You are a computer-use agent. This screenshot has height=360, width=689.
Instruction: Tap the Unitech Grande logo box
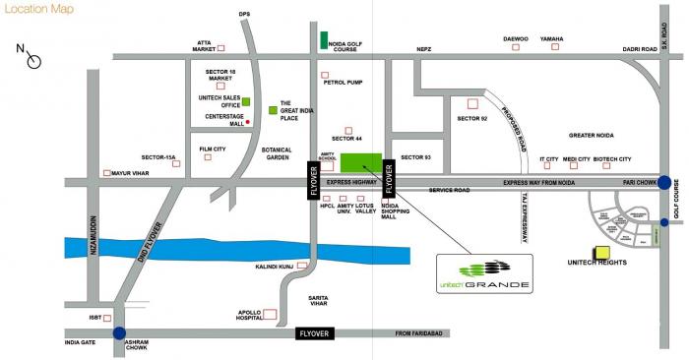[x=483, y=272]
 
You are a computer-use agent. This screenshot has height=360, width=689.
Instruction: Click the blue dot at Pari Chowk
[x=666, y=182]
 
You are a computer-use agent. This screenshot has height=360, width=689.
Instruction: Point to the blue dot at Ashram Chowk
[x=119, y=333]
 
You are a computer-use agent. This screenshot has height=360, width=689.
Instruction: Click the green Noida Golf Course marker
[x=323, y=40]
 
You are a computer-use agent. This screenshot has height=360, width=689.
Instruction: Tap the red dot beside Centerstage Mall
[x=248, y=122]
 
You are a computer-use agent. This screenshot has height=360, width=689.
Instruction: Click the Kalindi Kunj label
[x=275, y=266]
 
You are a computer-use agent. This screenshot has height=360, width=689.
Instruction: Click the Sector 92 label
[x=471, y=118]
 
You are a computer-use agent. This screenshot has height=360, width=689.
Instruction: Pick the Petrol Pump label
[x=343, y=83]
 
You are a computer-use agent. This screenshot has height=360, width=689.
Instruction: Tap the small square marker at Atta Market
[x=220, y=47]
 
